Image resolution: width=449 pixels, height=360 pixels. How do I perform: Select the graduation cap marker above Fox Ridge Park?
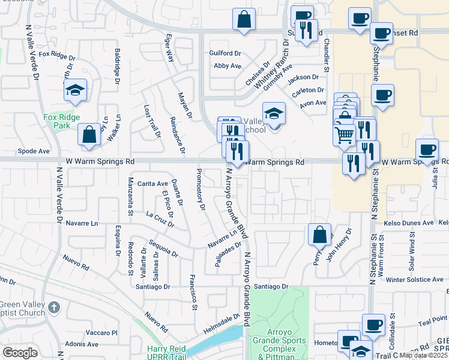tap(75, 91)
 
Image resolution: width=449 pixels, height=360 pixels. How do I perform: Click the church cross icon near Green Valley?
tap(53, 308)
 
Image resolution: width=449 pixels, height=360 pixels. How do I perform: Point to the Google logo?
tap(20, 353)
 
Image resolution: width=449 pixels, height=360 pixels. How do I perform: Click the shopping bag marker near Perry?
tap(319, 235)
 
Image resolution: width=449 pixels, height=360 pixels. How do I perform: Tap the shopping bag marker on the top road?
tap(244, 20)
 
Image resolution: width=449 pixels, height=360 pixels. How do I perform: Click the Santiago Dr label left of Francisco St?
tap(153, 287)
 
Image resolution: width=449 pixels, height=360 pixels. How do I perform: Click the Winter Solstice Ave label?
tap(414, 280)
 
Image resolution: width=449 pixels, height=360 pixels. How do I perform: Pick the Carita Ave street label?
tap(152, 184)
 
